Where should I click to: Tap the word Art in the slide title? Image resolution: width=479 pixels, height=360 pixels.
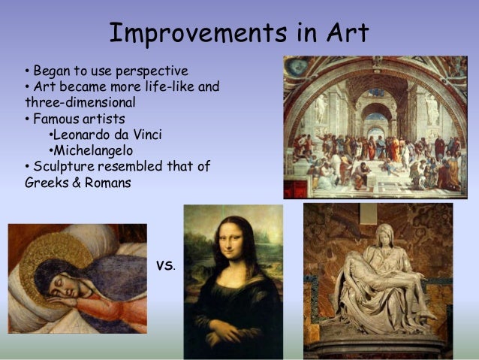pos(344,32)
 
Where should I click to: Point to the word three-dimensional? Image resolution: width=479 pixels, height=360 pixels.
pos(71,102)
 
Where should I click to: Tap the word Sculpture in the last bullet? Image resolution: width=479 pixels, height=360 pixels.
pos(62,166)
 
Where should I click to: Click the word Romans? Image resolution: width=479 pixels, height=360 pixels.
pos(107,182)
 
